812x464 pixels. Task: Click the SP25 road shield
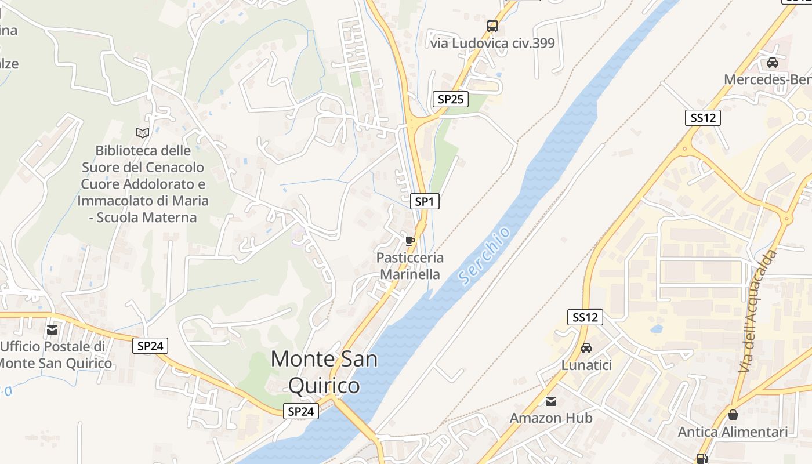click(x=450, y=99)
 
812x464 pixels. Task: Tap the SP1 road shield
click(x=425, y=201)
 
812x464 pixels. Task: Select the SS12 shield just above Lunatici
click(x=585, y=317)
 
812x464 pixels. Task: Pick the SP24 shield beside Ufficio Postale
click(x=150, y=346)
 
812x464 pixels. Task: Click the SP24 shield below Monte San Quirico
click(x=301, y=411)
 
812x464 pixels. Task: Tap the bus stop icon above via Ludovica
click(x=492, y=26)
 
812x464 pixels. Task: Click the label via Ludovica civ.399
click(x=492, y=43)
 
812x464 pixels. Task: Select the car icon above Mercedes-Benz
click(x=773, y=62)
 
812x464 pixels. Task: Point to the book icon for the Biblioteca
click(x=143, y=133)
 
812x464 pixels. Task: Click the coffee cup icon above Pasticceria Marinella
click(x=409, y=241)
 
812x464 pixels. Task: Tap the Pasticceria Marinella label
click(x=409, y=266)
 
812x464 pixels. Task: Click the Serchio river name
click(x=485, y=256)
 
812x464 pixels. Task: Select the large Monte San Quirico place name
click(x=324, y=372)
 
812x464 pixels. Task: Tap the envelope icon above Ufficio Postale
click(x=52, y=330)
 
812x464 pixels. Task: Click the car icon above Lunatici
click(x=586, y=348)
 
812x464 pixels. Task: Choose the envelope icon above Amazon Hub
click(x=551, y=401)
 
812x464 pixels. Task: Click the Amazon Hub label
click(x=551, y=418)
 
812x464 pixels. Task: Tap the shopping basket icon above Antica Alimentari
click(x=733, y=415)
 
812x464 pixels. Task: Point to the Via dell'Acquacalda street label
click(x=757, y=311)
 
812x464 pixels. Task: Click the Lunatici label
click(x=586, y=365)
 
